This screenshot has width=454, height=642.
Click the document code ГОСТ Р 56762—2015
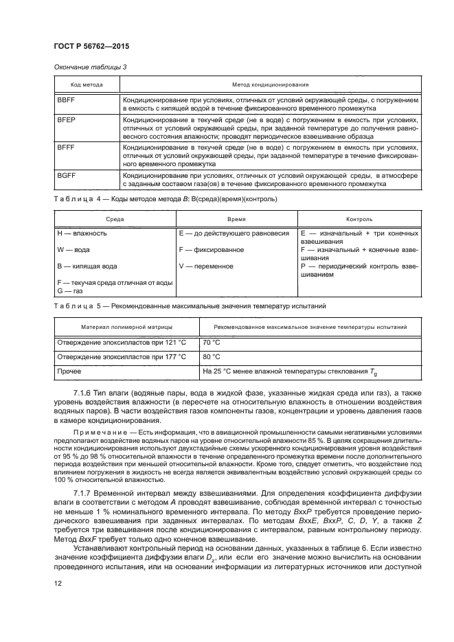point(91,46)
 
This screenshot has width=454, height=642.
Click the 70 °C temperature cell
point(212,342)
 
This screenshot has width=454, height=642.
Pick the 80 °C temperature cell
point(212,357)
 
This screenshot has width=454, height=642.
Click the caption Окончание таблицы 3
point(90,67)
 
